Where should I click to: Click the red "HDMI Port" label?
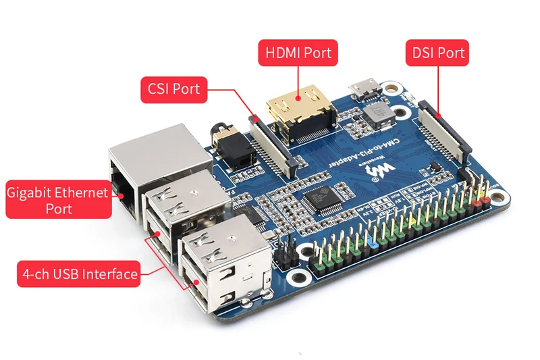[x=298, y=53]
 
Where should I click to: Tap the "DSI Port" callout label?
[x=436, y=53]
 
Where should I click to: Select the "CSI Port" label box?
[x=173, y=90]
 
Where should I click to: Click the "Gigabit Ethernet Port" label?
[x=58, y=200]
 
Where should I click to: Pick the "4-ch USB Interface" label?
[x=79, y=274]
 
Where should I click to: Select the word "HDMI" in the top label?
[x=281, y=53]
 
